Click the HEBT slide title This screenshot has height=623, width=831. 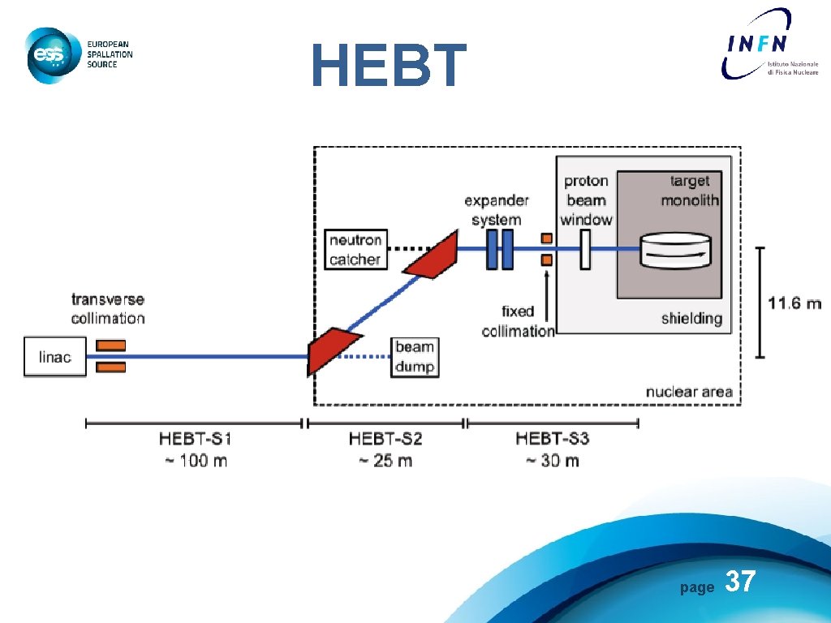pyautogui.click(x=389, y=66)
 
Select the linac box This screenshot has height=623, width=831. pyautogui.click(x=54, y=357)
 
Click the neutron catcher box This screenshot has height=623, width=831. pyautogui.click(x=355, y=250)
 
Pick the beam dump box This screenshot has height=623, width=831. pyautogui.click(x=414, y=357)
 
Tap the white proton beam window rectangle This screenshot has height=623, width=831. pyautogui.click(x=584, y=249)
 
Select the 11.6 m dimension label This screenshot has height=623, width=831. pyautogui.click(x=794, y=303)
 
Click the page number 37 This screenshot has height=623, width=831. pyautogui.click(x=739, y=581)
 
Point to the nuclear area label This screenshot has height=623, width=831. pyautogui.click(x=688, y=393)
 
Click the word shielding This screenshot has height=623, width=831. pyautogui.click(x=691, y=319)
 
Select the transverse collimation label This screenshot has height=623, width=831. pyautogui.click(x=108, y=309)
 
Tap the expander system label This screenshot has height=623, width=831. pyautogui.click(x=497, y=209)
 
